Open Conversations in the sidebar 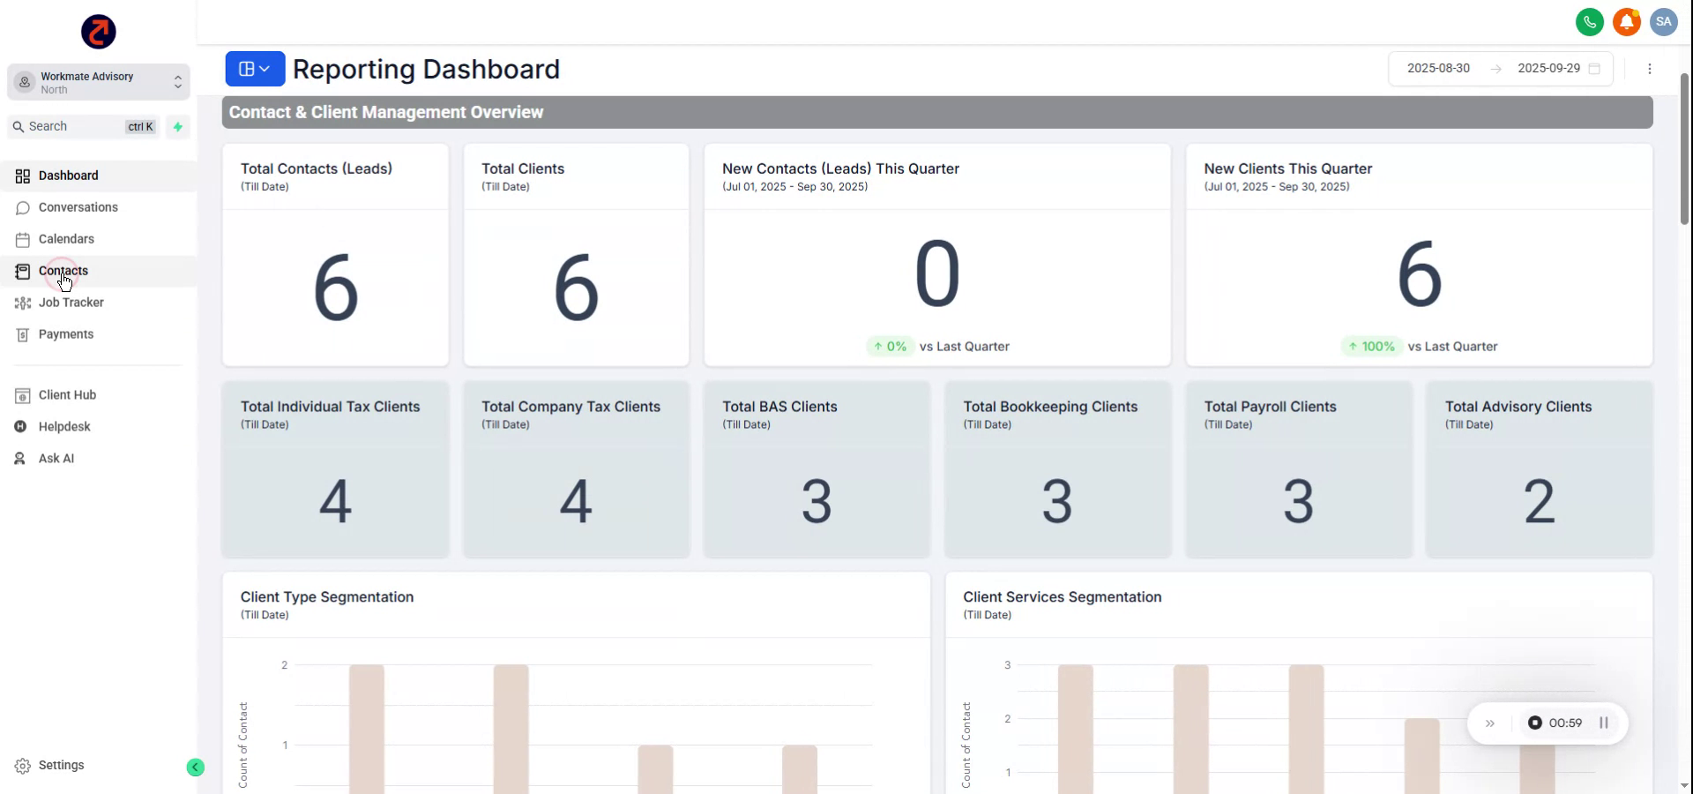click(x=78, y=207)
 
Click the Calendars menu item click(x=66, y=239)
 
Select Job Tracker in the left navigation click(x=71, y=303)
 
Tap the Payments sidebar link click(x=65, y=334)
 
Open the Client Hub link click(x=67, y=395)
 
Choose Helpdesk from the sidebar click(x=64, y=427)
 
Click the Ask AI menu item click(x=56, y=459)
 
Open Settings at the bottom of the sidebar click(x=61, y=766)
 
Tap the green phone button click(x=1589, y=22)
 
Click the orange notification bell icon click(x=1626, y=22)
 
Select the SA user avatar click(x=1663, y=22)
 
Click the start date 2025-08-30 click(x=1438, y=69)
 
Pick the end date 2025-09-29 click(x=1548, y=69)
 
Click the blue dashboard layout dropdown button click(x=255, y=69)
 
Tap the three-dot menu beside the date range click(x=1649, y=69)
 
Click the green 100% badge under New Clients click(x=1371, y=347)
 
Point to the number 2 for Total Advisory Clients click(x=1539, y=501)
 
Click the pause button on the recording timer click(x=1604, y=723)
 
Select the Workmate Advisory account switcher click(x=99, y=82)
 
